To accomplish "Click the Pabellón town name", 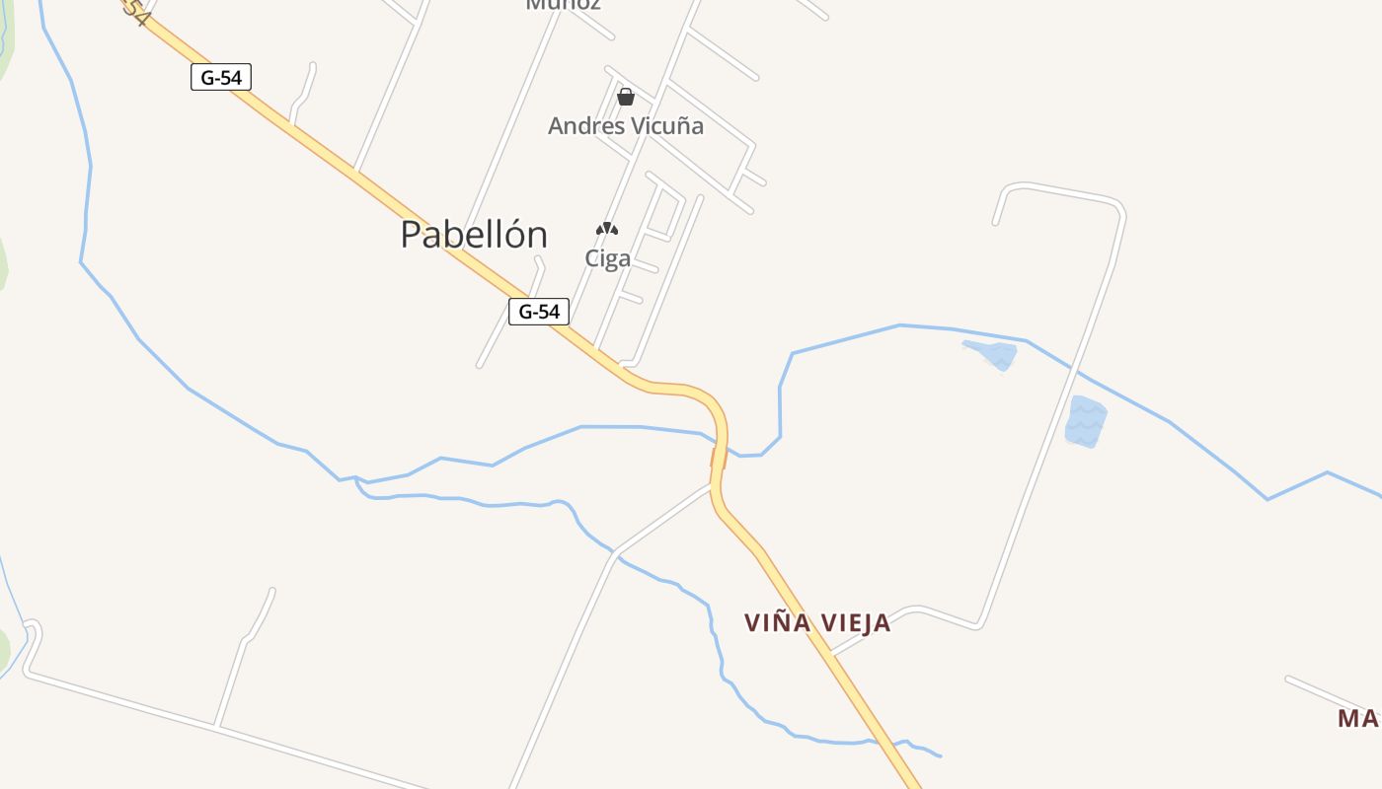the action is pos(474,235).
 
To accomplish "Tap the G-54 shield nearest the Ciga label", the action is pos(539,312).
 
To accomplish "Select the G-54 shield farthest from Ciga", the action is pos(221,77).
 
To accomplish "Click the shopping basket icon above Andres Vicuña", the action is pos(626,97).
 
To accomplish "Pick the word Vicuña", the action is pos(667,126).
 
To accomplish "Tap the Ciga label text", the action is pos(607,258).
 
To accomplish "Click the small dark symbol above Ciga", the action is pos(607,230).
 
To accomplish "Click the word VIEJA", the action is pos(855,622).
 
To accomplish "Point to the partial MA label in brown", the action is pos(1358,718).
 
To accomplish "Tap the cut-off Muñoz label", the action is pos(564,5).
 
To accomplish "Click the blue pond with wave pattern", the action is pos(1085,422).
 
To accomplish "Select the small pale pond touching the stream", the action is pos(991,353).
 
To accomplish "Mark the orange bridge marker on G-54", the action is pos(713,457).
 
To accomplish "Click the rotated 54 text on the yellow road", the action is pos(136,14).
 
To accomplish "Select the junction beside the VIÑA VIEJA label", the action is pos(832,652).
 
